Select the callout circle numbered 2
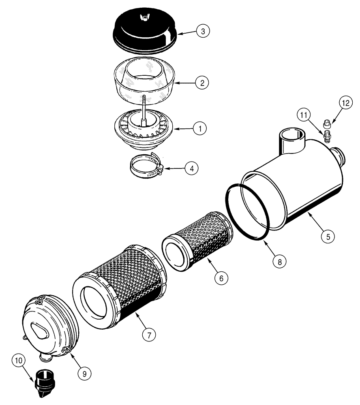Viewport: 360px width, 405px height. pyautogui.click(x=202, y=83)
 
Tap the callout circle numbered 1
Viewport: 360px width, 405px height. pyautogui.click(x=199, y=129)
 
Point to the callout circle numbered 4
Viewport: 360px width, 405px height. pyautogui.click(x=191, y=168)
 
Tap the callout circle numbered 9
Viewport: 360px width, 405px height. pyautogui.click(x=85, y=373)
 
